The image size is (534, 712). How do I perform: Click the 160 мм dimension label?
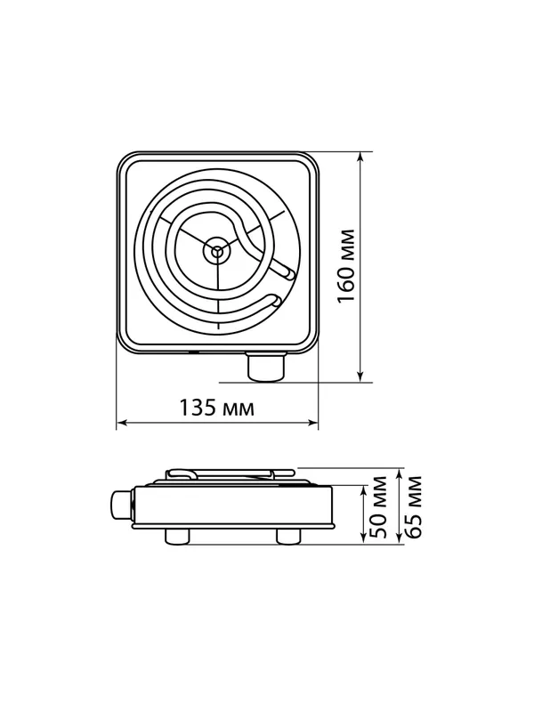click(x=346, y=266)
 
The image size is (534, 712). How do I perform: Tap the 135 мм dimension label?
click(x=216, y=408)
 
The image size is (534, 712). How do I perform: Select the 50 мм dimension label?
click(x=378, y=506)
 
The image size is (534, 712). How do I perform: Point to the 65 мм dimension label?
click(x=413, y=506)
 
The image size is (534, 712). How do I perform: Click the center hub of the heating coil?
click(x=218, y=249)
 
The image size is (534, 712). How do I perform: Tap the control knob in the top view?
click(x=266, y=367)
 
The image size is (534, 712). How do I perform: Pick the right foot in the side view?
click(x=288, y=536)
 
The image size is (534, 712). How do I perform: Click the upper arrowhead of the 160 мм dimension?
click(x=360, y=156)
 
